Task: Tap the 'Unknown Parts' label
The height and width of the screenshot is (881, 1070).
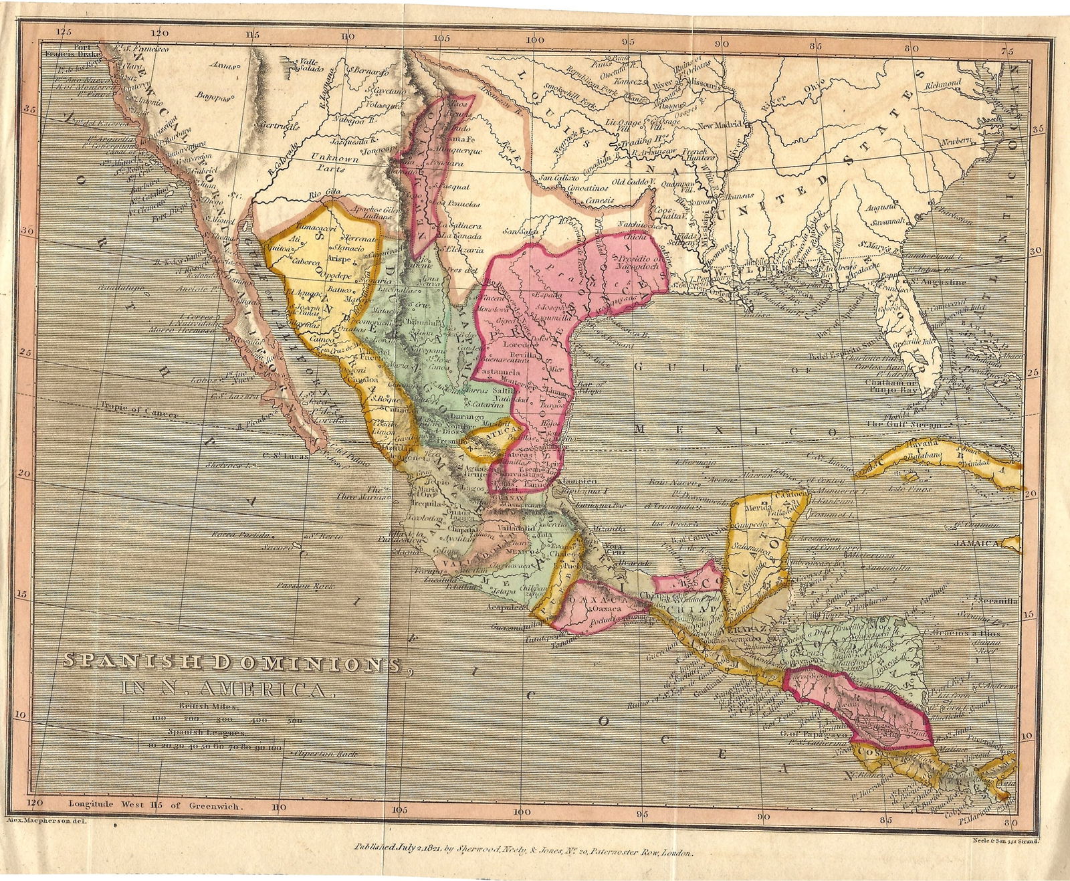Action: [x=334, y=164]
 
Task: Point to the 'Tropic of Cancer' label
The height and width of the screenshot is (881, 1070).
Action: [x=140, y=409]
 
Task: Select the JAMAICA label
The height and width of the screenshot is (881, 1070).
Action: [x=977, y=544]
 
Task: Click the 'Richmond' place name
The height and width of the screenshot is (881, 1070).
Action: [x=944, y=85]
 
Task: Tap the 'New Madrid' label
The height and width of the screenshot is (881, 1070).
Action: [x=720, y=126]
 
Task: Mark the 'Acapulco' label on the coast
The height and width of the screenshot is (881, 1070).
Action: [x=505, y=608]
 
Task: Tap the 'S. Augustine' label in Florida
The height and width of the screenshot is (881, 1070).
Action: [x=938, y=282]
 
